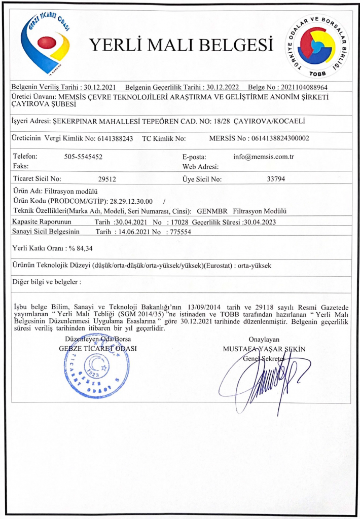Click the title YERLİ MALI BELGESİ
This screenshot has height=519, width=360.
point(181,46)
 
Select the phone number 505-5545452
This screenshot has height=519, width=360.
point(84,157)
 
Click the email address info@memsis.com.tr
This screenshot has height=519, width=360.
point(264,157)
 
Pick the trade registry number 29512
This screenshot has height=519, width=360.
point(107,178)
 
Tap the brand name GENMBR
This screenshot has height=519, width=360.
point(210,211)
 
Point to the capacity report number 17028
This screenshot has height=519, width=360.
point(178,222)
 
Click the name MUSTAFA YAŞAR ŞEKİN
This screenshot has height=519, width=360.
point(264,349)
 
